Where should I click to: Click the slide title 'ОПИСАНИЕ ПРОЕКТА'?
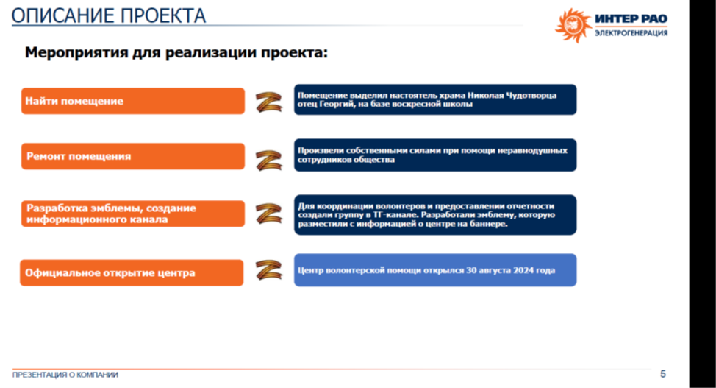tap(109, 16)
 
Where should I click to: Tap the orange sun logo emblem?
tap(573, 25)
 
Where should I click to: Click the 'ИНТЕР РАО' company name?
tap(631, 18)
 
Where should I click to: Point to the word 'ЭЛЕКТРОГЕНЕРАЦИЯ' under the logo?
tap(631, 33)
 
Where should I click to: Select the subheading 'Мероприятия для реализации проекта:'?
tap(176, 52)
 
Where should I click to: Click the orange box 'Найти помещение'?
tap(133, 101)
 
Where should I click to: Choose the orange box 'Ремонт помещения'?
tap(133, 157)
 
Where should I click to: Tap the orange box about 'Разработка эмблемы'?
tap(133, 214)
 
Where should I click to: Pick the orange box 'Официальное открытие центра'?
tap(132, 272)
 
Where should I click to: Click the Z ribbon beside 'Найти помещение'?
tap(268, 102)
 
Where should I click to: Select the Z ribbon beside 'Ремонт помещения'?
tap(268, 161)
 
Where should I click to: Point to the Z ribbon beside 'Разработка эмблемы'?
tap(268, 214)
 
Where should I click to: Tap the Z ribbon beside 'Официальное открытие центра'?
tap(268, 270)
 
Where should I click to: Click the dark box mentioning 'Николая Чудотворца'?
tap(435, 99)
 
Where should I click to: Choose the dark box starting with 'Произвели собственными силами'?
tap(435, 155)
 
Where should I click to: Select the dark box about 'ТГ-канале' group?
tap(435, 215)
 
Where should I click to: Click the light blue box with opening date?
tap(435, 270)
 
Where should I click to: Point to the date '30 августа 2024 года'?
tap(510, 270)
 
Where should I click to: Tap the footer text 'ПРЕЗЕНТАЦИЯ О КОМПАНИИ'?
tap(65, 375)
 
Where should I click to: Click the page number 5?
tap(663, 374)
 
